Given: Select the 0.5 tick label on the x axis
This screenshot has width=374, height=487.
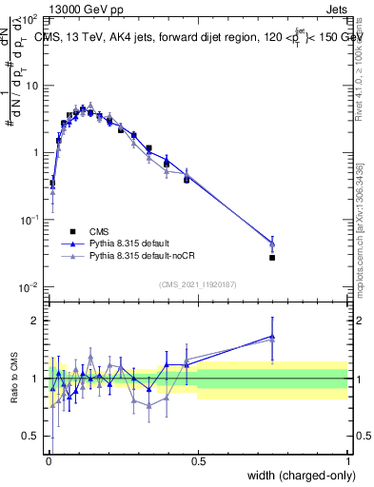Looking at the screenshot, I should click(x=198, y=460).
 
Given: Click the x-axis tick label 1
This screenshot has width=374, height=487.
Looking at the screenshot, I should click(x=347, y=460).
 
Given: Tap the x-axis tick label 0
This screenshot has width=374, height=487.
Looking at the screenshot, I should click(x=49, y=460).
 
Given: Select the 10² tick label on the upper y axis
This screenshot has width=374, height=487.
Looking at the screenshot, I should click(x=30, y=19).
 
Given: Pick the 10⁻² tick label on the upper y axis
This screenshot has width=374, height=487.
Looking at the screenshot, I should click(x=30, y=287).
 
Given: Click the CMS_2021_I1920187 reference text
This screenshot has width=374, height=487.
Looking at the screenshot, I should click(x=198, y=284).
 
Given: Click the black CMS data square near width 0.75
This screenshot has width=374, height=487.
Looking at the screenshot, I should click(x=272, y=258).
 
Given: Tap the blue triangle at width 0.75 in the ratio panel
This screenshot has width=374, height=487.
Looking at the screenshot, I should click(x=272, y=336).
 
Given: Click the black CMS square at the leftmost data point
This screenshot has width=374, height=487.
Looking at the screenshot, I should click(x=52, y=183).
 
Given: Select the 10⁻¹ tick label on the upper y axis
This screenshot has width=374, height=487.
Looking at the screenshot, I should click(x=30, y=220).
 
